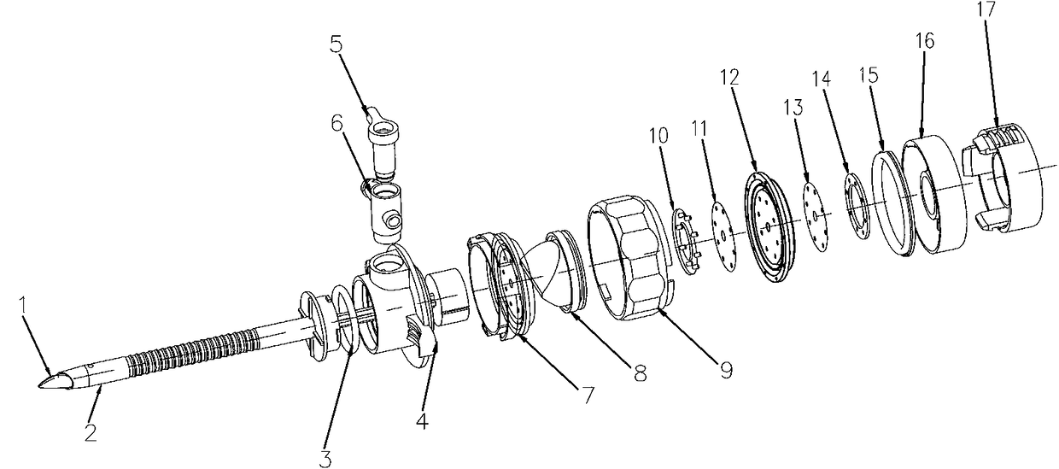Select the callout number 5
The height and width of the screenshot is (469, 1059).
(336, 45)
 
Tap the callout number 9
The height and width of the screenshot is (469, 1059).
(726, 369)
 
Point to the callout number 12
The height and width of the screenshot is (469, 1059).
(729, 77)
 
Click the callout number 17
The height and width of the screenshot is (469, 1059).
(986, 9)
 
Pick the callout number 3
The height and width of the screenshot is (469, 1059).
(325, 458)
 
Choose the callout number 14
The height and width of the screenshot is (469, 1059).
(822, 79)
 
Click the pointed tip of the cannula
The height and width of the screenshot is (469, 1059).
(39, 386)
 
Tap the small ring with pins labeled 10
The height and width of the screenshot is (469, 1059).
(687, 241)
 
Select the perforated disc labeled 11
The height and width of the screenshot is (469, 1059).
(723, 236)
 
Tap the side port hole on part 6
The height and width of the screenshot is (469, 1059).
(391, 220)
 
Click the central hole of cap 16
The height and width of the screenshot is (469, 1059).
(929, 194)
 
